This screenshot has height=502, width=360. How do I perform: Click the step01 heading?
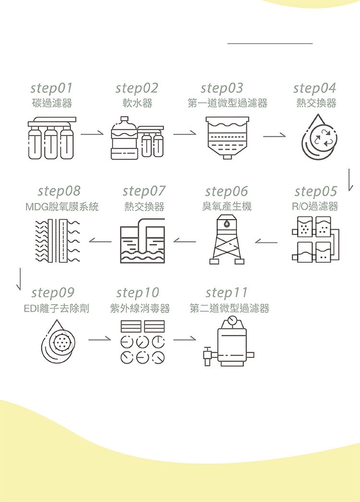click(51, 88)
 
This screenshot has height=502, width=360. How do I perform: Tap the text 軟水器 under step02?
click(137, 103)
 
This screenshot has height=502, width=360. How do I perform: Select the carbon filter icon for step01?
click(52, 138)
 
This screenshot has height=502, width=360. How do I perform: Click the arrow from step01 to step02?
click(92, 134)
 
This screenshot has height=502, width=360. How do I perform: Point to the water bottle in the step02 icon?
click(124, 138)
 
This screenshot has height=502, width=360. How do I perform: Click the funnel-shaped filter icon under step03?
click(227, 138)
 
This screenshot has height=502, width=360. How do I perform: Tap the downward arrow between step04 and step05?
click(350, 180)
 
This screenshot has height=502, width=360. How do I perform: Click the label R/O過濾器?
click(315, 207)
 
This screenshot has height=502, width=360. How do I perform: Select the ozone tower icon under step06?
click(227, 239)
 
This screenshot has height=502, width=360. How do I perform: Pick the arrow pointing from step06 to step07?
click(185, 241)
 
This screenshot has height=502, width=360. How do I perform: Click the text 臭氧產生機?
click(227, 207)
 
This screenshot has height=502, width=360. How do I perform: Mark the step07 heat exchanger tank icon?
click(143, 241)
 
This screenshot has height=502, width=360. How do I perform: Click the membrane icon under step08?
click(58, 241)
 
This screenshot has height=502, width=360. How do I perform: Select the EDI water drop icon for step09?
click(58, 341)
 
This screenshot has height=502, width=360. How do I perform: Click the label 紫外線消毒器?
click(140, 308)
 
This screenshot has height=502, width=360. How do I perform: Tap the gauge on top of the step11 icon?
click(232, 320)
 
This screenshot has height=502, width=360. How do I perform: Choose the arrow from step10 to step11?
click(185, 339)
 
